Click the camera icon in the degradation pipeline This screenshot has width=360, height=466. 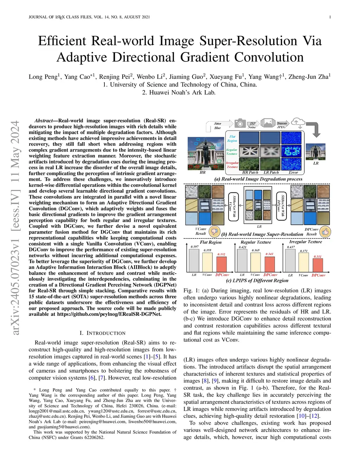240,123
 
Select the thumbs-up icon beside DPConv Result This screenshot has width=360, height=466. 326,231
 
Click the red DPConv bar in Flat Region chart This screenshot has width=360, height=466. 221,264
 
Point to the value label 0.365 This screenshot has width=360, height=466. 256,250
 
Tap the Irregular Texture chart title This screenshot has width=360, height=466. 305,242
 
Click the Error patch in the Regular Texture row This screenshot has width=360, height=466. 291,151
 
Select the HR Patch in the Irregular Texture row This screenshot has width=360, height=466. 249,164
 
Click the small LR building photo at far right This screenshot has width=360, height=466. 315,152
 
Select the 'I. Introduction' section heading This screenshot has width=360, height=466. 102,333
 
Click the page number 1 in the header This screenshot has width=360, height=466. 330,17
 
